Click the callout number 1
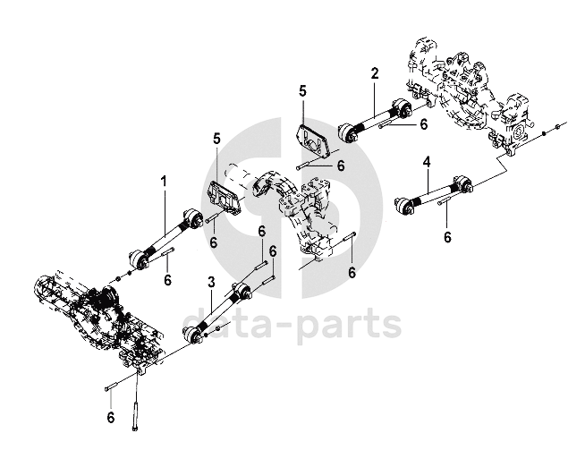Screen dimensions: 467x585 point(164,181)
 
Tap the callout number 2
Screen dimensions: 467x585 point(375,72)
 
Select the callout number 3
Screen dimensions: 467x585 point(211,282)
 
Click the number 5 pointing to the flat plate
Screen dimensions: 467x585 point(302,91)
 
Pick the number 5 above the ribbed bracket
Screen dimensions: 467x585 point(216,138)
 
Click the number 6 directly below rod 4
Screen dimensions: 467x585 point(447,237)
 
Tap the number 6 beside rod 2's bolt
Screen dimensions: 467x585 point(423,126)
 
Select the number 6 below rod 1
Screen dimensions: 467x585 point(167,280)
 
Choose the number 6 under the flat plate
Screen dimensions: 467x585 point(341,166)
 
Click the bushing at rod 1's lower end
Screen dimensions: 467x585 point(139,259)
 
